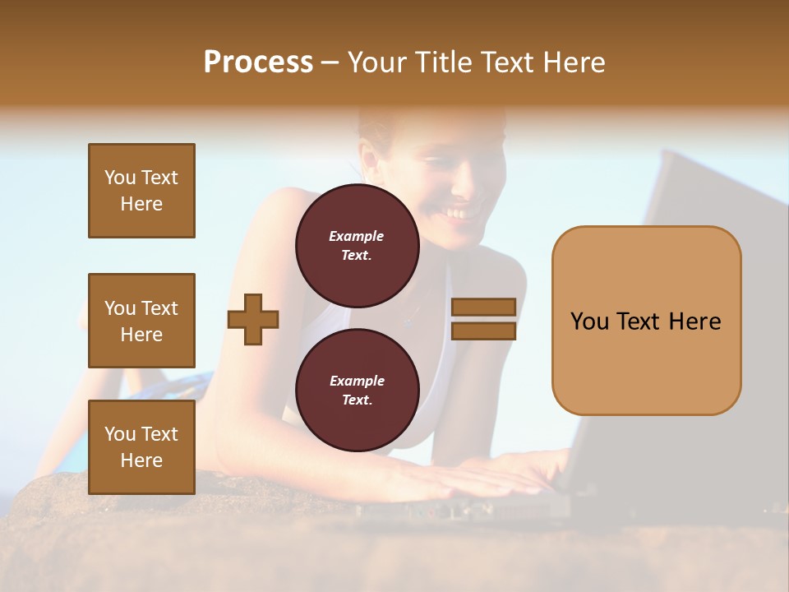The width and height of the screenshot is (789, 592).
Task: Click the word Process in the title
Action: pos(258,62)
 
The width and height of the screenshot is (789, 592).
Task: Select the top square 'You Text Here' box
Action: pos(141,191)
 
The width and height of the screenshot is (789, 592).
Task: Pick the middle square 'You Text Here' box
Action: pos(141,321)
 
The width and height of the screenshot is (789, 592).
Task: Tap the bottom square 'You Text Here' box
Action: pos(141,447)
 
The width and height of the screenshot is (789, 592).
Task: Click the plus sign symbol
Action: pos(253,318)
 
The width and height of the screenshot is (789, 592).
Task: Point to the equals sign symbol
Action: pos(483,319)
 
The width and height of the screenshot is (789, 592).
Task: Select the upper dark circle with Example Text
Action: pos(357,246)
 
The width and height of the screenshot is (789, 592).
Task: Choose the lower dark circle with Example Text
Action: pos(357,391)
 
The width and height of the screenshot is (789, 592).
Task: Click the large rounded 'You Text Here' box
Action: pos(646,321)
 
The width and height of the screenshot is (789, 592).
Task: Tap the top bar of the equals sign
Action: pos(483,308)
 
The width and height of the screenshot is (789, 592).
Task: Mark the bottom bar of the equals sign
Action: pos(483,331)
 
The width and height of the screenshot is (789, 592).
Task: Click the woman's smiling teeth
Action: pos(459,214)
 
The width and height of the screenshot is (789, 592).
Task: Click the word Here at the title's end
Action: pos(572,62)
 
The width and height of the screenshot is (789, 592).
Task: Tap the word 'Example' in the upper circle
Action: pos(357,236)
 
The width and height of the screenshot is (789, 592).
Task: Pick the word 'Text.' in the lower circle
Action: pos(357,400)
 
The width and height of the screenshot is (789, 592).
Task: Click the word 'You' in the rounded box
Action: pos(590,321)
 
